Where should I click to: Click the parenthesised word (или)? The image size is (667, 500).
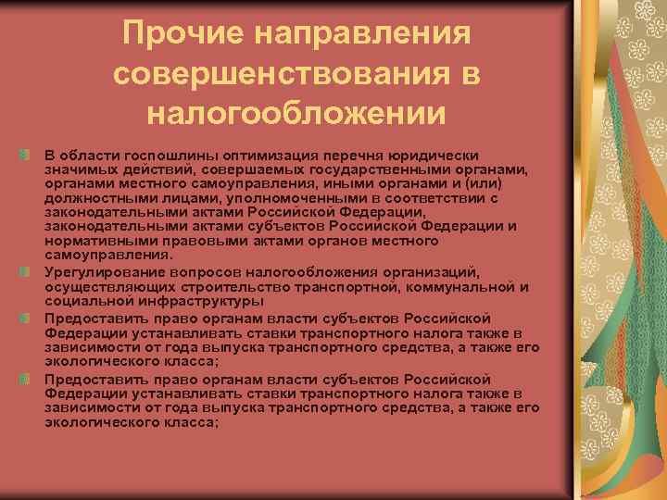coord(474,182)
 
